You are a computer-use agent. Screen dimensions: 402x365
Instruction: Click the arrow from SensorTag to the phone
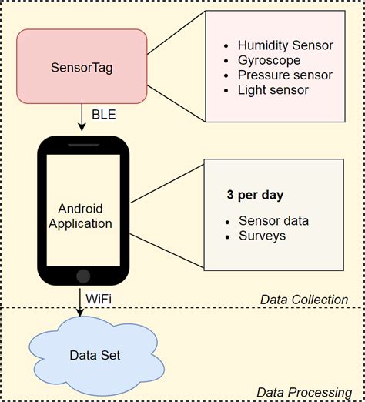tap(82, 119)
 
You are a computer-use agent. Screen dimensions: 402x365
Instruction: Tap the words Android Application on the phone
tap(81, 216)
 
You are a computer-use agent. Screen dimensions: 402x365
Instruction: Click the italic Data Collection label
tap(303, 300)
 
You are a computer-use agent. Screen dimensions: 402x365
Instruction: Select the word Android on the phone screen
tap(81, 209)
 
